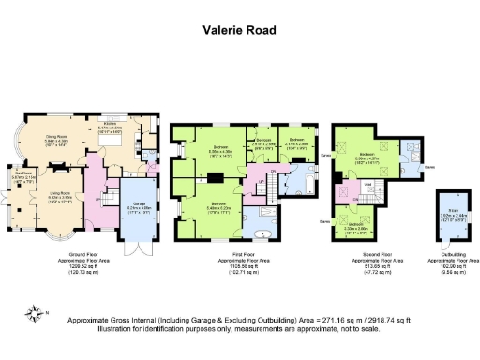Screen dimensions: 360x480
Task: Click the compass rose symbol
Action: (35, 314)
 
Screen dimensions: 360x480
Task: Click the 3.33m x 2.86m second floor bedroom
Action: (358, 225)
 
